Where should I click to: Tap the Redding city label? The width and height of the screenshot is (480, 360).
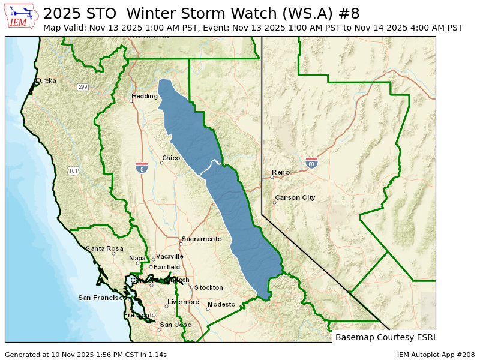tap(145, 96)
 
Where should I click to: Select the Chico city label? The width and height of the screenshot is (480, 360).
tap(171, 158)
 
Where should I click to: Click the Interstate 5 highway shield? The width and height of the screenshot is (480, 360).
tap(142, 167)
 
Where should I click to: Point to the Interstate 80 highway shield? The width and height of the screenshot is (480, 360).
tap(311, 163)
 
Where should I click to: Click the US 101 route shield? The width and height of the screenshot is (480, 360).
tap(73, 171)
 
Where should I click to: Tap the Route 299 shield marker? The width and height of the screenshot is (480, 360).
tap(82, 87)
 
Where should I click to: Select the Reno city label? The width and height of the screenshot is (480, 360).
tap(281, 172)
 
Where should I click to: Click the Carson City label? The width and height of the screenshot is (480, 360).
tap(295, 197)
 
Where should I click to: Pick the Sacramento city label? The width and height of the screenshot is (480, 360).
tap(202, 239)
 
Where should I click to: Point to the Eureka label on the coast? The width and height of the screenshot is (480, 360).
tap(46, 80)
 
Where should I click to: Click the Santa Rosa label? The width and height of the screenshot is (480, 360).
tap(104, 248)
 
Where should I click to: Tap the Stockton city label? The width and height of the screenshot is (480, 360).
tap(208, 287)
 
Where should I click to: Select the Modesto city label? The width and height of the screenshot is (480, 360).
tap(221, 304)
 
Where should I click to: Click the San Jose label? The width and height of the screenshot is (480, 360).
tap(175, 325)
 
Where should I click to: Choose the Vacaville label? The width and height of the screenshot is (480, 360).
tap(170, 256)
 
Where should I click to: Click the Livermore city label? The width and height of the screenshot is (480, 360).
tap(183, 302)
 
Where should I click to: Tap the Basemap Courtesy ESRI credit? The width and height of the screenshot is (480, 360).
tap(385, 337)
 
